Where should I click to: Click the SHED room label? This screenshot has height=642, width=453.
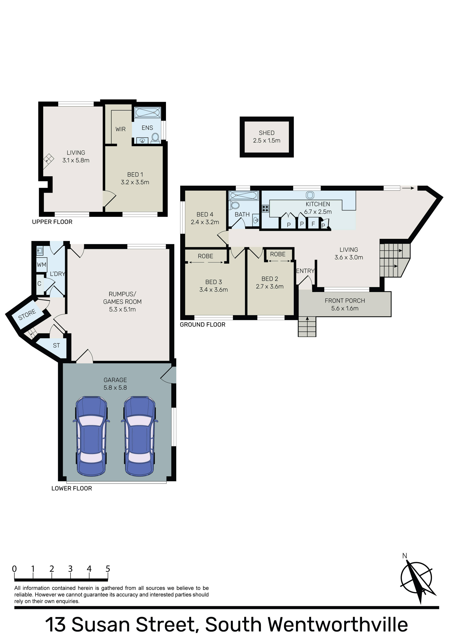click(266, 133)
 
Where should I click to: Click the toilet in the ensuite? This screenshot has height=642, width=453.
click(155, 138)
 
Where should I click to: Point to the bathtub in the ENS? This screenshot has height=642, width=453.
click(148, 113)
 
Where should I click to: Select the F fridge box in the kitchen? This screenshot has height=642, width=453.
click(313, 224)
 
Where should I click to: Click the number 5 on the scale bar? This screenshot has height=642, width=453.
click(108, 569)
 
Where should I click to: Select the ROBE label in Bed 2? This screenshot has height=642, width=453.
click(278, 254)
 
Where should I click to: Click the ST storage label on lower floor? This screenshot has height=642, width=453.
click(56, 346)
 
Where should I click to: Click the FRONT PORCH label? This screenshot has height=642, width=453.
click(345, 301)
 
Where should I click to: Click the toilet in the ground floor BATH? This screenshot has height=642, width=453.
click(235, 205)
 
